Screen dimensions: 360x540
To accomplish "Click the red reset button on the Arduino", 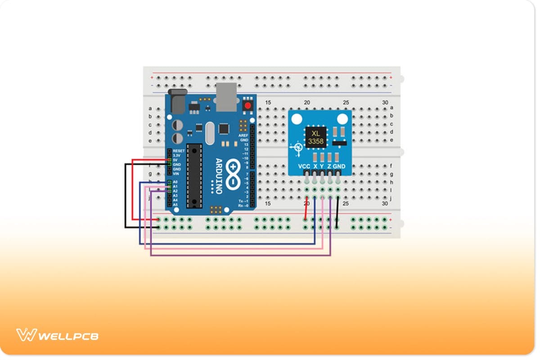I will (247, 106).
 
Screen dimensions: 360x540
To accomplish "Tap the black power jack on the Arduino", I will (176, 100).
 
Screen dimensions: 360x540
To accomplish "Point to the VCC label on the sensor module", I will (305, 166).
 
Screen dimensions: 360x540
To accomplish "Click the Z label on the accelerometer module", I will (329, 166).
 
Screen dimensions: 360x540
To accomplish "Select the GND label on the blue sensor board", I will (339, 166).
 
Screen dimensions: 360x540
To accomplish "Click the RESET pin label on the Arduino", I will (178, 151).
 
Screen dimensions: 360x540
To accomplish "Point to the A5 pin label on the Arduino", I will (175, 205).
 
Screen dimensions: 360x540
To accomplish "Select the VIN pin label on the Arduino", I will (176, 174).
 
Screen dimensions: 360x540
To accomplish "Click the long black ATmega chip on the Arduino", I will (194, 175).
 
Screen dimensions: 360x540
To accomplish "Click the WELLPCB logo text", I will (68, 336).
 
